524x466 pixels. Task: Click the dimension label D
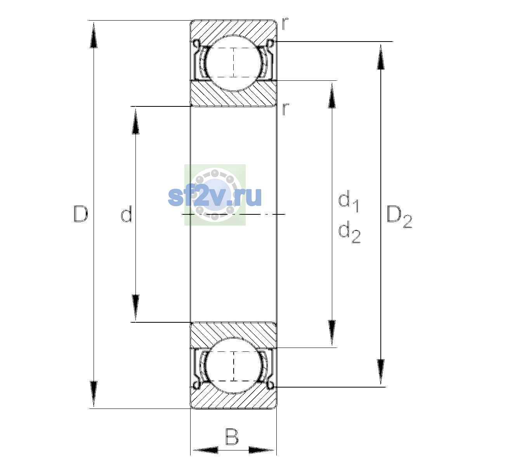[x=81, y=214]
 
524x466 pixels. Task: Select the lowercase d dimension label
[x=127, y=214]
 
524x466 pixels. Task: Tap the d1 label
[x=349, y=201]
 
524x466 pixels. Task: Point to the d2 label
[x=349, y=232]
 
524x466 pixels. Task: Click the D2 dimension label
[x=399, y=217]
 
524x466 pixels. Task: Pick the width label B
[x=232, y=436]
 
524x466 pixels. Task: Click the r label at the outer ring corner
[x=285, y=24]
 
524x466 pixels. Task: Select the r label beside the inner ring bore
[x=285, y=109]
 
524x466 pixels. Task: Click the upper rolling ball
[x=234, y=63]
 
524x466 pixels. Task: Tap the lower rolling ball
[x=234, y=365]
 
